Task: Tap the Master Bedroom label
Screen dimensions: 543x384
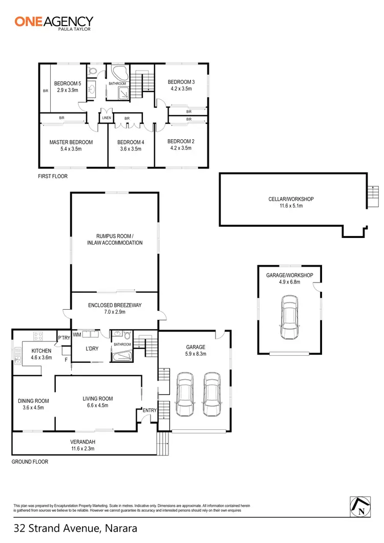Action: [71, 142]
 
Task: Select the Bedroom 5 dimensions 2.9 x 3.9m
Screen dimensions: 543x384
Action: [68, 90]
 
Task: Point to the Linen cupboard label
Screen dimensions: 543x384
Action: [106, 118]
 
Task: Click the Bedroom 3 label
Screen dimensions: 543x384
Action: [181, 82]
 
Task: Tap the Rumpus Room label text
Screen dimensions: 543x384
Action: [115, 236]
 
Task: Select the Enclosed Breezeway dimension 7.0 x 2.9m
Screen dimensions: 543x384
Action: [115, 312]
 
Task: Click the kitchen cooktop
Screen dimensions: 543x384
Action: [38, 336]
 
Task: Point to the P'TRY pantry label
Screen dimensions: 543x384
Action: [63, 338]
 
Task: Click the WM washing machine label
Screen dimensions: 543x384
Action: [77, 335]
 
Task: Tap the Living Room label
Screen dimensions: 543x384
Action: [98, 399]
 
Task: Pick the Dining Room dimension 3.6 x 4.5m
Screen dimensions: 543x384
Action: [33, 408]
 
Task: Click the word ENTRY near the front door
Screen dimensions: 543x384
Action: [150, 410]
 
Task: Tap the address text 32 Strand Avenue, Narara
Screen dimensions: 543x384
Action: [76, 528]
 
